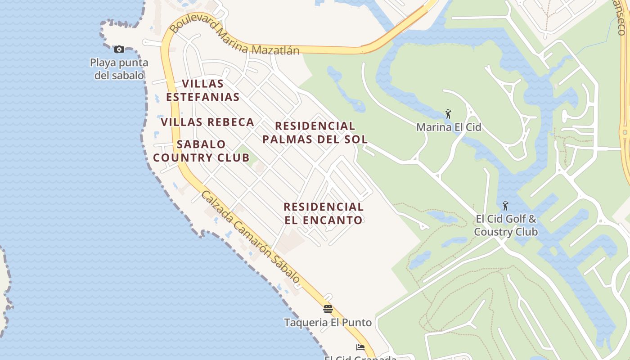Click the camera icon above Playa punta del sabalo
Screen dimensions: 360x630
119,49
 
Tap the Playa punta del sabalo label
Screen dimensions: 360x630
119,69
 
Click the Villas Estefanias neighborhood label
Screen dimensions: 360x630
202,90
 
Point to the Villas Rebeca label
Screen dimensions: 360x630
207,122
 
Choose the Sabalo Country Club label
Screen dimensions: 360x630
201,151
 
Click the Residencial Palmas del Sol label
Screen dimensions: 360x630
315,132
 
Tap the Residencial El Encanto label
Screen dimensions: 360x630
324,213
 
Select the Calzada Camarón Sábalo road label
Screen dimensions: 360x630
250,237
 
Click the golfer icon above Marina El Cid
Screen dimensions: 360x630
448,114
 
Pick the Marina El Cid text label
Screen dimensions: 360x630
449,127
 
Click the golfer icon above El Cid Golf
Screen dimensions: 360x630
505,206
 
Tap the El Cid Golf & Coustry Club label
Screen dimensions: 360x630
506,225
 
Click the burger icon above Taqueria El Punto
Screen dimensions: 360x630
328,309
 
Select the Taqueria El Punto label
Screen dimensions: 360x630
328,323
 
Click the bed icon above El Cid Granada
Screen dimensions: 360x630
360,347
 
